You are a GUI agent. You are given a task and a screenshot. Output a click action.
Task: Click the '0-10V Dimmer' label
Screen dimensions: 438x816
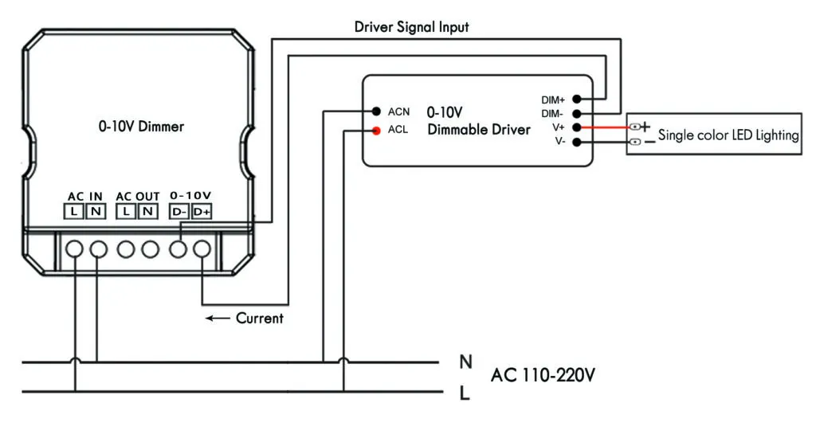(141, 126)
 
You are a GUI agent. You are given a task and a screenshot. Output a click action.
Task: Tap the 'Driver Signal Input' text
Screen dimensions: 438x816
(411, 27)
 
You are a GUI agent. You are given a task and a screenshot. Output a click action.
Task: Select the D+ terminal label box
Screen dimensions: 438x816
(202, 212)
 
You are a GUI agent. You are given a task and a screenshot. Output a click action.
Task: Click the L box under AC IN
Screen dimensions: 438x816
(74, 212)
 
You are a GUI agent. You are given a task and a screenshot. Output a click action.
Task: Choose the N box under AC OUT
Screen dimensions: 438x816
(148, 212)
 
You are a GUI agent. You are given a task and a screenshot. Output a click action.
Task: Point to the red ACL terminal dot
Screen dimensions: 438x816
(374, 130)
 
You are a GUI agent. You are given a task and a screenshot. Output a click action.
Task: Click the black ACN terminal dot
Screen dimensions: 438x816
(374, 111)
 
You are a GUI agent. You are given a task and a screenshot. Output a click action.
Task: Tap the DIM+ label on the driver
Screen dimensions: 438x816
(552, 100)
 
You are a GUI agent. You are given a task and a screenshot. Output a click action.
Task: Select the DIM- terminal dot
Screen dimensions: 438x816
(586, 114)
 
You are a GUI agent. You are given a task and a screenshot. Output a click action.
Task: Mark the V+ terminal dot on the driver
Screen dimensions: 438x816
(586, 127)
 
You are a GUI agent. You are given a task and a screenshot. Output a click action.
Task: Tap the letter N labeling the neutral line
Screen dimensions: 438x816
(465, 362)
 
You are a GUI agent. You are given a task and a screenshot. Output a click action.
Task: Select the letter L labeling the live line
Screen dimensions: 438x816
(465, 393)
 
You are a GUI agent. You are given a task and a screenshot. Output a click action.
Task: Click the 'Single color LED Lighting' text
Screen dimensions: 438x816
(728, 135)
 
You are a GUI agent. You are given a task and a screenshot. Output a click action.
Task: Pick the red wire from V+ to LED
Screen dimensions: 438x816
(610, 127)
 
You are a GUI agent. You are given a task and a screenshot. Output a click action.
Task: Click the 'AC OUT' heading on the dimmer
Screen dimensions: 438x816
(138, 196)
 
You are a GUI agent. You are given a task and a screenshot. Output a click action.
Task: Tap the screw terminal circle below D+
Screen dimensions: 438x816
(202, 249)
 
